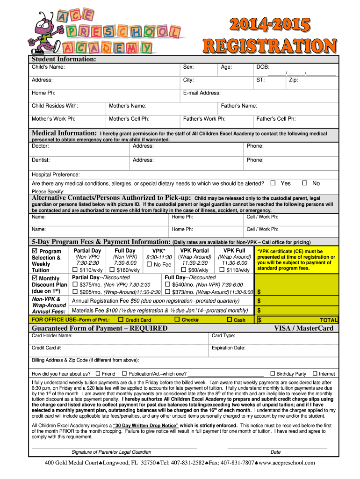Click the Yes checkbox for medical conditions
273,183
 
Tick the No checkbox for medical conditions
305,183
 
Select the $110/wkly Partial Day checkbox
75,270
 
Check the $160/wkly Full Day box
112,270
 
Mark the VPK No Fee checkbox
150,264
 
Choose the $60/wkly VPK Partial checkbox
184,270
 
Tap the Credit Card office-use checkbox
121,319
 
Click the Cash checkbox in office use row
229,319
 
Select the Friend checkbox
98,373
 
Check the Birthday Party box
273,373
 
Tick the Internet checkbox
315,373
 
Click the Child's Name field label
48,67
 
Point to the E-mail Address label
202,93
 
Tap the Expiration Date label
228,348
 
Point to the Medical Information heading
64,133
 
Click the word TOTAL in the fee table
328,320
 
